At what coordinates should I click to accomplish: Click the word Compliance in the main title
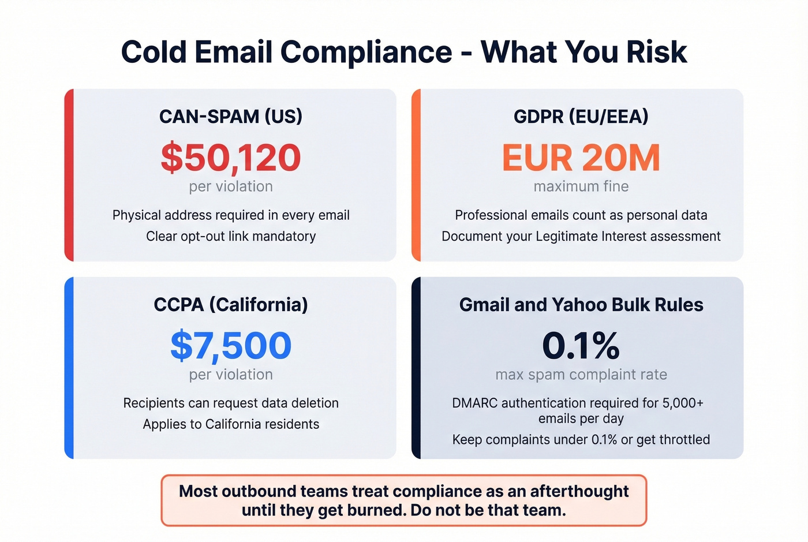point(366,53)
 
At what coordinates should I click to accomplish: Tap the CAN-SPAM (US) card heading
point(231,117)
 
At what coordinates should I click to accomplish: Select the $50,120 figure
point(231,158)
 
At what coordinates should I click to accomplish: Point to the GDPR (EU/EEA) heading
point(581,117)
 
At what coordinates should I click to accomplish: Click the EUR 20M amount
point(581,158)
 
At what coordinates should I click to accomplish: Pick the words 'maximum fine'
point(581,186)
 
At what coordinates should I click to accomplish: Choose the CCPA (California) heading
point(231,305)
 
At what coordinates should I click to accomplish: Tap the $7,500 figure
point(231,345)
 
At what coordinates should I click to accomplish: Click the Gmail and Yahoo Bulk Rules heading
point(581,305)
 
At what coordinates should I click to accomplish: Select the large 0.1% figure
point(581,345)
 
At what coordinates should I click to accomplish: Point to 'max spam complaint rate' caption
point(581,375)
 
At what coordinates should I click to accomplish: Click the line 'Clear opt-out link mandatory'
point(231,236)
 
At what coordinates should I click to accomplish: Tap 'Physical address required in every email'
point(231,215)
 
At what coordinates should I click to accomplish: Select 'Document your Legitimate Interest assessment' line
point(581,236)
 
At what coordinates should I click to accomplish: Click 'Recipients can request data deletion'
point(231,403)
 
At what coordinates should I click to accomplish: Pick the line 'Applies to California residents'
point(231,424)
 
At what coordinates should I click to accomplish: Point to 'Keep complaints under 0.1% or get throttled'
point(581,439)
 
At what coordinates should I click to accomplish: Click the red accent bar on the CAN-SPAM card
point(69,175)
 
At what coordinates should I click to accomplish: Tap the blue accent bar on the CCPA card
point(69,368)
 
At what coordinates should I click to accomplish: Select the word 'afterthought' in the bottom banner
point(579,491)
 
